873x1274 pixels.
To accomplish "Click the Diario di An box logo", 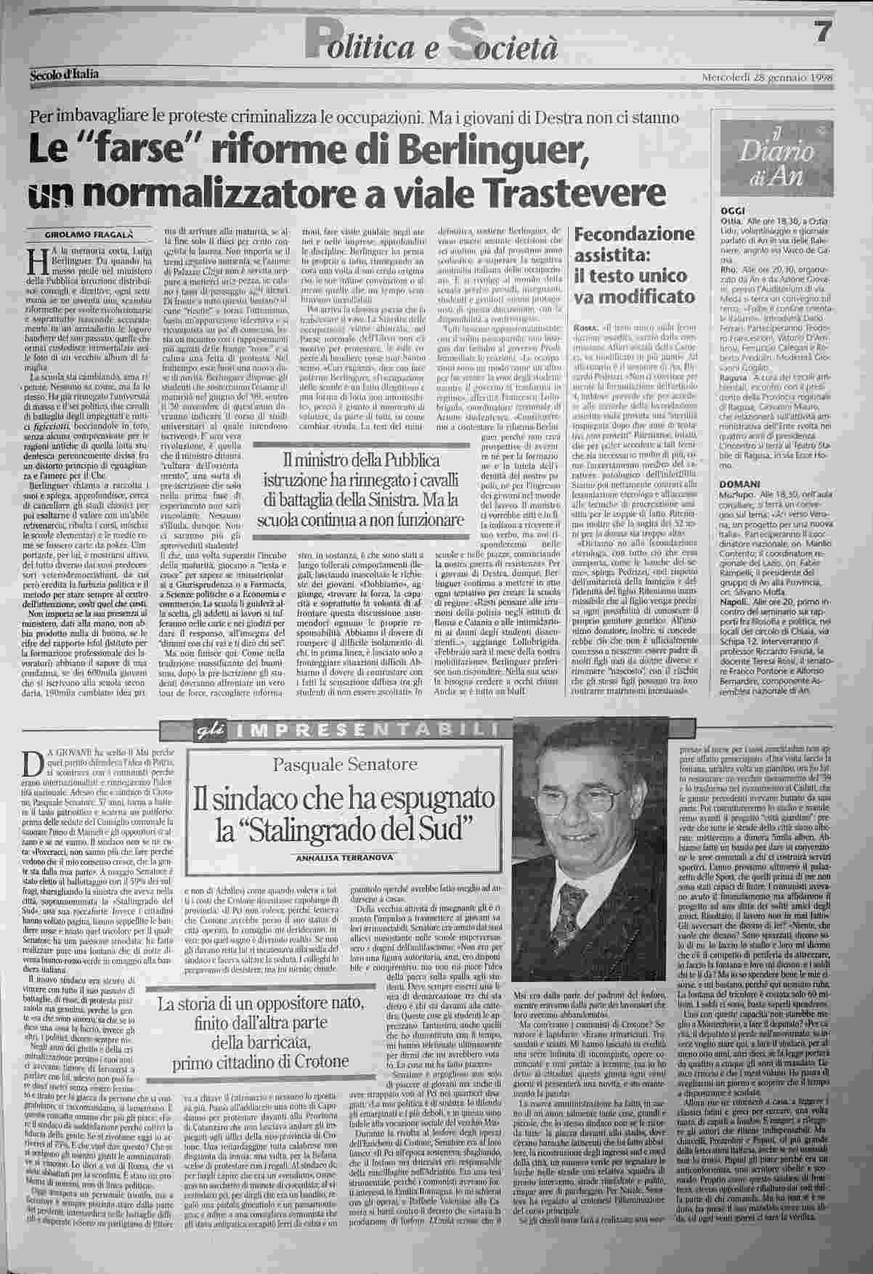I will coord(770,155).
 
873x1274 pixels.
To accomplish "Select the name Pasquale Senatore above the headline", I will coord(345,764).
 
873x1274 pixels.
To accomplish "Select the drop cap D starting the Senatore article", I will coord(31,761).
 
